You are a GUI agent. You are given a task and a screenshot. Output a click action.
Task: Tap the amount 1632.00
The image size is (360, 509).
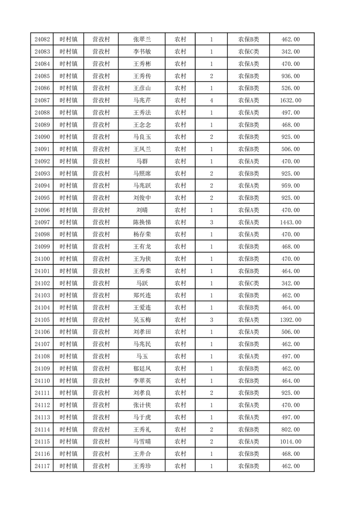(x=291, y=101)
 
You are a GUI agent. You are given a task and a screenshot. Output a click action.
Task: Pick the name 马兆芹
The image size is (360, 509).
(x=142, y=101)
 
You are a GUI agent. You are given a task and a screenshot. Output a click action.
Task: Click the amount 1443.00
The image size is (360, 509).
(x=291, y=222)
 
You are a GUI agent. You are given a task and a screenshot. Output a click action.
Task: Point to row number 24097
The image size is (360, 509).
(x=42, y=222)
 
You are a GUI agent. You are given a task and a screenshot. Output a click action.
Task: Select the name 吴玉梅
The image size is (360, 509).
(x=142, y=320)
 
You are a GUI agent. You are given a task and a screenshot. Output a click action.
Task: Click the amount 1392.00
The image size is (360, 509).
(x=291, y=320)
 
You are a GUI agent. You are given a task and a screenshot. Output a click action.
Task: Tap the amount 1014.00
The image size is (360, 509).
(x=291, y=441)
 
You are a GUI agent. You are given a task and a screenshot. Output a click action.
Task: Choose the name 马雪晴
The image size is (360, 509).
(x=142, y=441)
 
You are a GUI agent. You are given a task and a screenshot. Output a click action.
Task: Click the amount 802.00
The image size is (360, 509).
(x=291, y=429)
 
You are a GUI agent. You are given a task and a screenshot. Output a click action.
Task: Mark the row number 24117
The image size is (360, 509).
(x=42, y=466)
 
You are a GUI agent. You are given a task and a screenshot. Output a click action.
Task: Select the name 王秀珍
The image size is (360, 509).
(x=142, y=466)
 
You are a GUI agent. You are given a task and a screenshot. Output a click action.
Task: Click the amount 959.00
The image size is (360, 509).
(x=291, y=186)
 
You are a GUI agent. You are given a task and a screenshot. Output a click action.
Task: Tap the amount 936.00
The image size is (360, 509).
(x=291, y=76)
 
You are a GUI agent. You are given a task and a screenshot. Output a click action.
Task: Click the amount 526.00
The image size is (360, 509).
(x=291, y=88)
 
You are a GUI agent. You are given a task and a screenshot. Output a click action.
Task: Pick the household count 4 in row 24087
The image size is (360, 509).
(x=212, y=101)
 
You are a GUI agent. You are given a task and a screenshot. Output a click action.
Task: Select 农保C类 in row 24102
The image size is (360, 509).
(x=248, y=283)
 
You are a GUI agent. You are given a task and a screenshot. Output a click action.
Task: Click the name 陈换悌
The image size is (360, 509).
(x=142, y=222)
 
